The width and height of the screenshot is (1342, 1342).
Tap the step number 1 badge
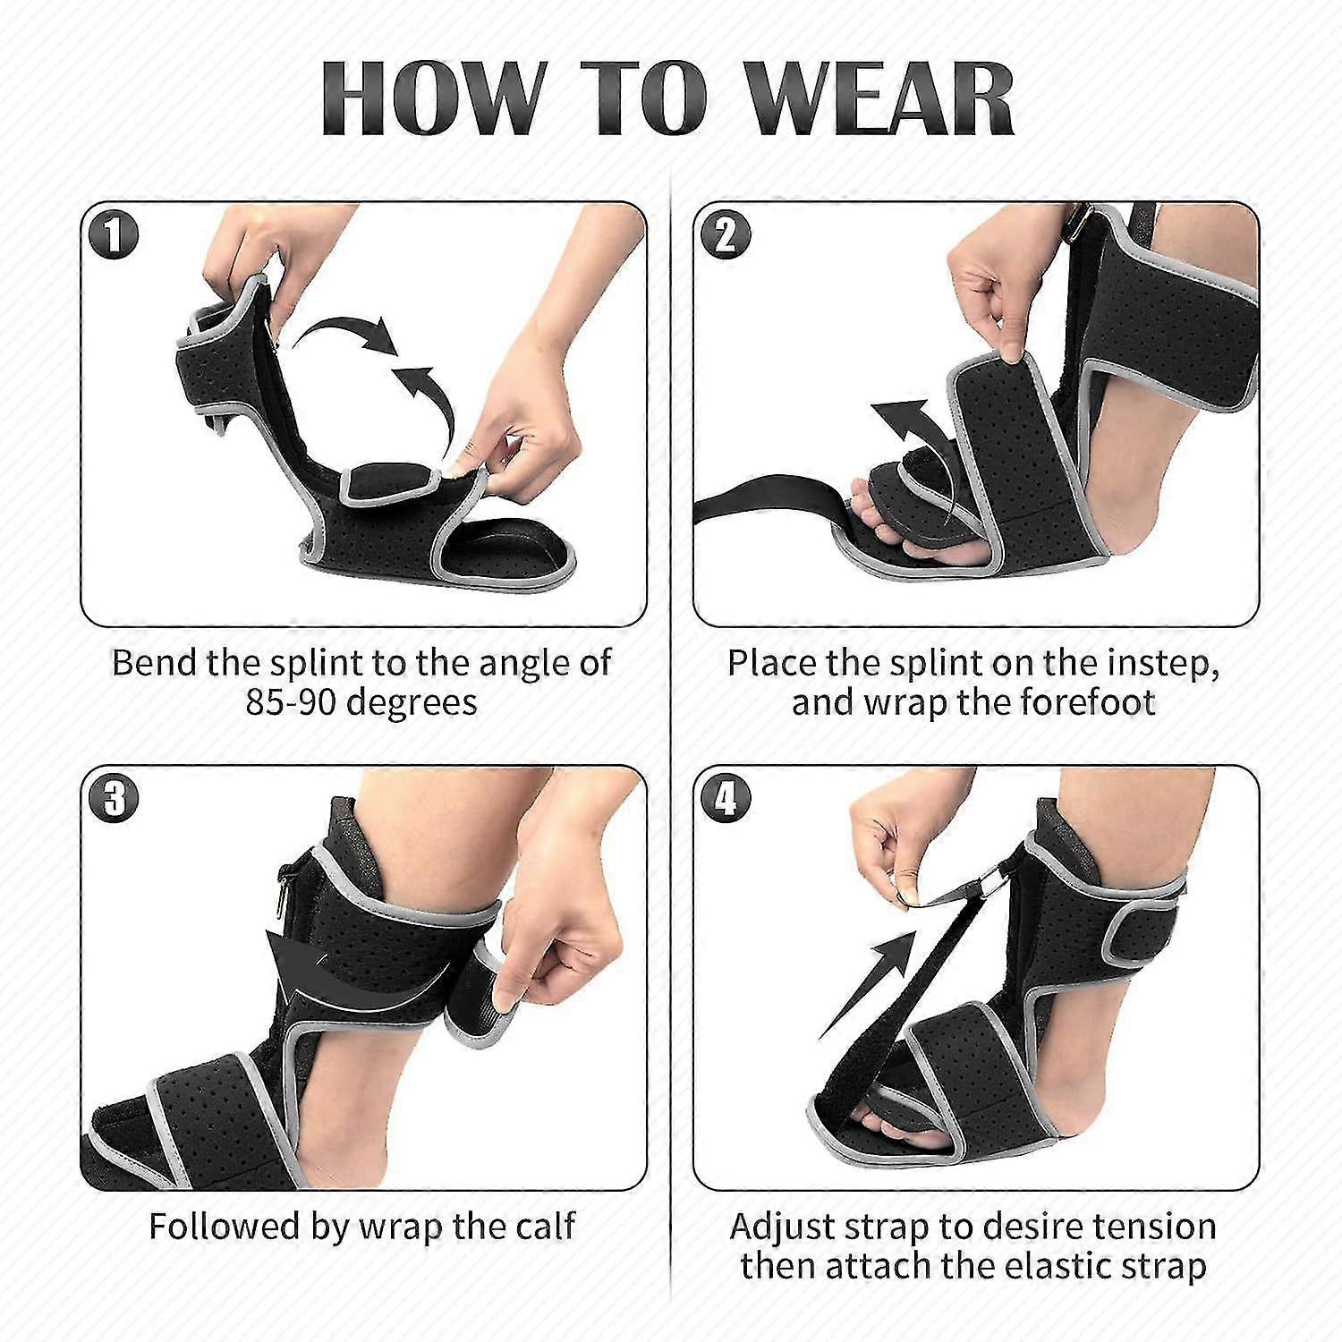114,235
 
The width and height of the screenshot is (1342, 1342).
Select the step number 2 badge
726,235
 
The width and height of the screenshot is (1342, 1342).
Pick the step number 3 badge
114,797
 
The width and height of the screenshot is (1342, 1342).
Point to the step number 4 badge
726,797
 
